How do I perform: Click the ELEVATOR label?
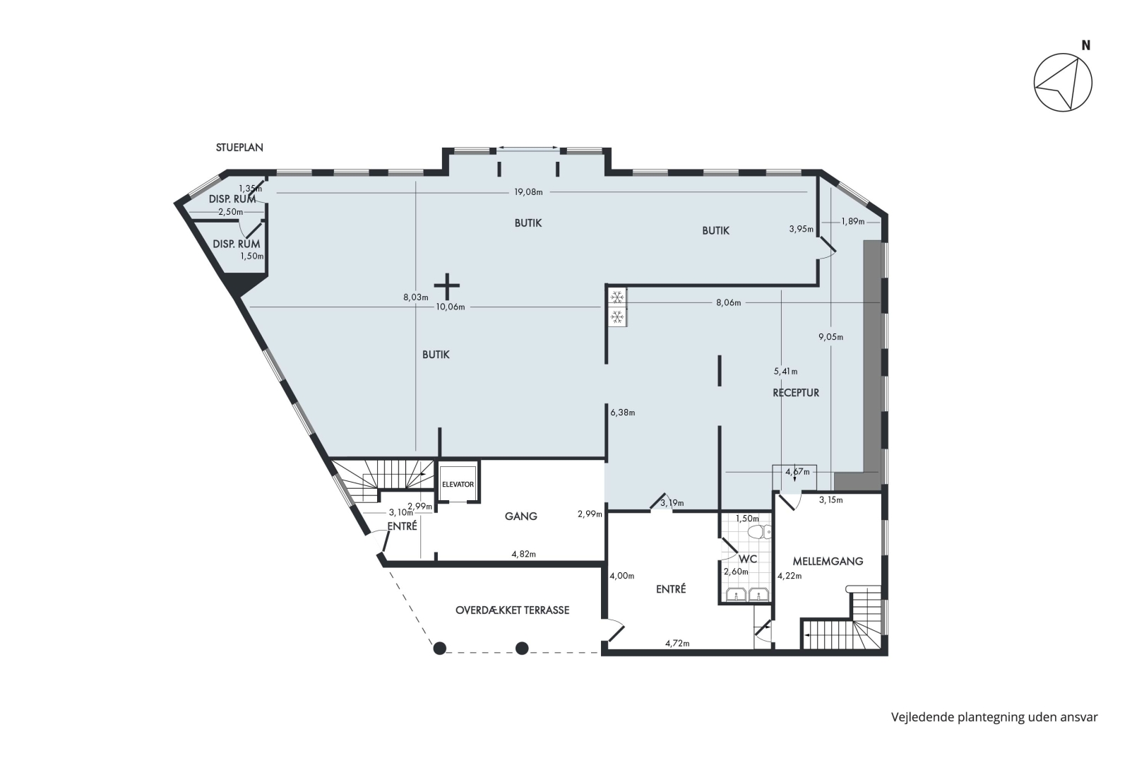[458, 485]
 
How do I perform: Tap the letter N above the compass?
[1086, 45]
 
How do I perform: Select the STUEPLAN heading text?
[239, 148]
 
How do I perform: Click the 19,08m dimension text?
[528, 192]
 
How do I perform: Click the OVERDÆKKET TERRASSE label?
[512, 610]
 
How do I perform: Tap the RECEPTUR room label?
[796, 393]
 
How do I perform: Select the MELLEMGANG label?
[828, 561]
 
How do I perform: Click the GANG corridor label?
[521, 516]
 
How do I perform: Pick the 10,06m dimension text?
[450, 307]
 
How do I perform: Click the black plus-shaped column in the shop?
[447, 286]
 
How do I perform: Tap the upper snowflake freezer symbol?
[617, 297]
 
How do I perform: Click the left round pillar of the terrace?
[440, 649]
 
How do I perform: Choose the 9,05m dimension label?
[831, 337]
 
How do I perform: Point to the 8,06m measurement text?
[728, 302]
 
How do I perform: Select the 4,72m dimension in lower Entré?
[677, 644]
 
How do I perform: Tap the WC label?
[748, 559]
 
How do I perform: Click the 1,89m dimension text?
[853, 222]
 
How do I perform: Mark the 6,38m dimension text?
[623, 413]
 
